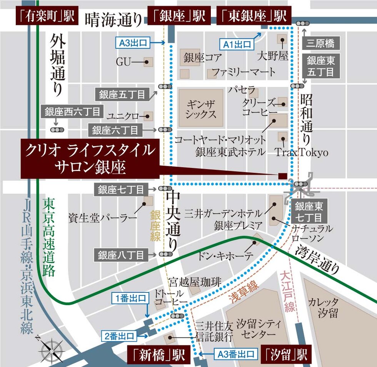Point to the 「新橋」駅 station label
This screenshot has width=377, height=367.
(x=158, y=355)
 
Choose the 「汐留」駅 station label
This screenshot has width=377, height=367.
(x=285, y=355)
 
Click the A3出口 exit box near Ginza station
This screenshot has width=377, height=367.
(x=133, y=43)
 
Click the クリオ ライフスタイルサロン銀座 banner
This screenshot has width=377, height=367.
(x=89, y=158)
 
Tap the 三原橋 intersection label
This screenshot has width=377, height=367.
(x=320, y=43)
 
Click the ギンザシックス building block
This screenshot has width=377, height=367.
(x=200, y=108)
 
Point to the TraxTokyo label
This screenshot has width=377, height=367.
(x=302, y=153)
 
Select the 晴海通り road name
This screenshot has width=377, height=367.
(x=113, y=19)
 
